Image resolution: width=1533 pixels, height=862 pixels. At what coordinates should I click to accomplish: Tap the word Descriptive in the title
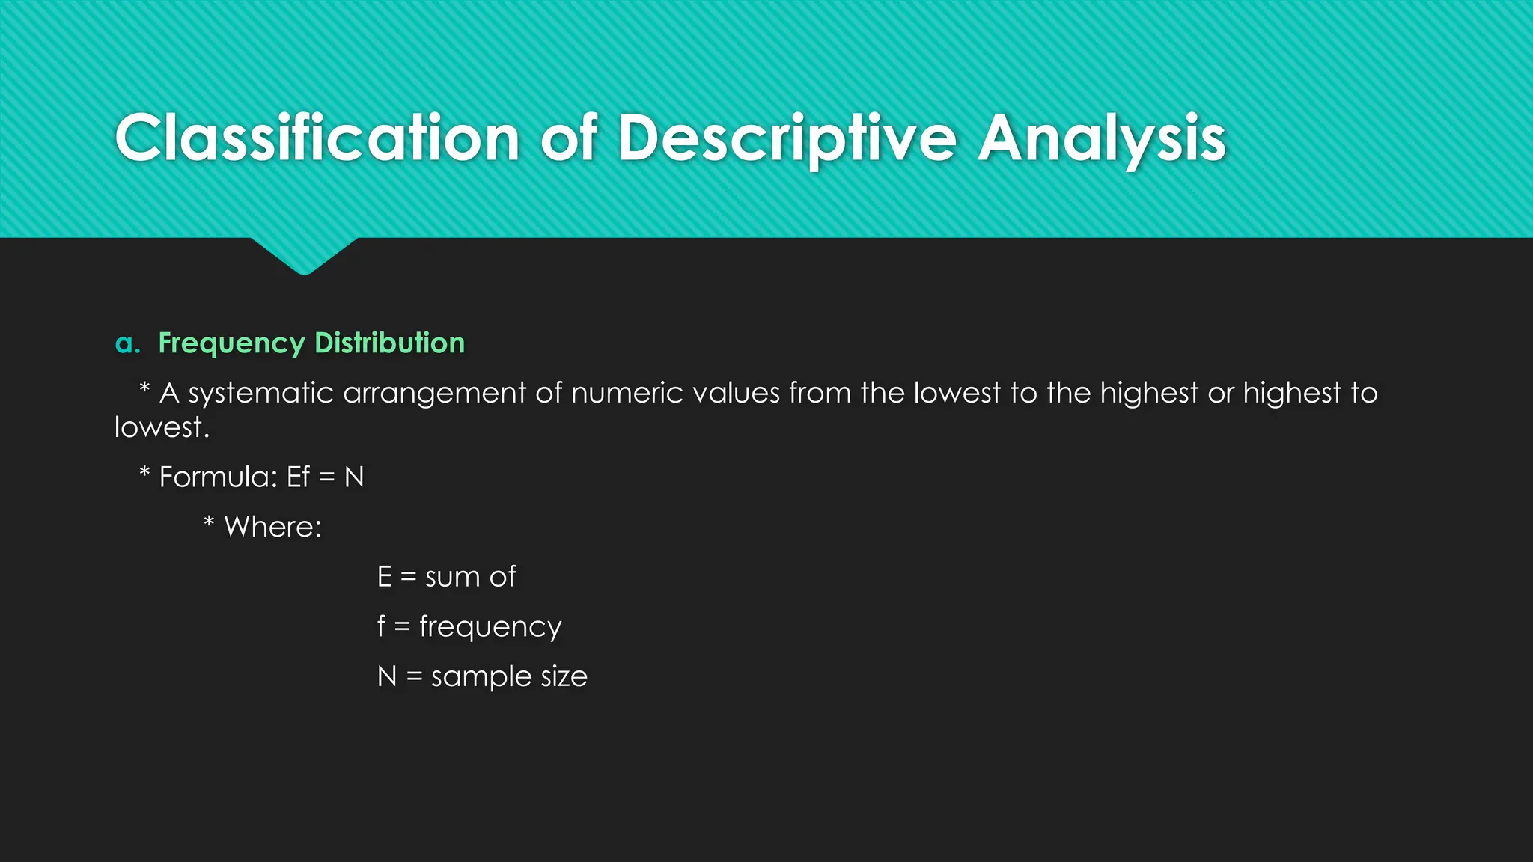(x=786, y=138)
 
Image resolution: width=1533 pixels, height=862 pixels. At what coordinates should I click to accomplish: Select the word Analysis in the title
(x=1102, y=138)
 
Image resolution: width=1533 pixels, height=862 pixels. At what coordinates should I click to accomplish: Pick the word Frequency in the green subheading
(x=231, y=343)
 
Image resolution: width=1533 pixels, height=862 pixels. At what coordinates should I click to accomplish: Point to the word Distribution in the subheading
(x=389, y=343)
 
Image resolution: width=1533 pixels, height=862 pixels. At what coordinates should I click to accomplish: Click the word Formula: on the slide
(x=219, y=477)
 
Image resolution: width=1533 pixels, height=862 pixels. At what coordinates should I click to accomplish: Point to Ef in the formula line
(x=298, y=477)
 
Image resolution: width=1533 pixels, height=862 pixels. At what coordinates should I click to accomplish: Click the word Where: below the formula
(x=272, y=528)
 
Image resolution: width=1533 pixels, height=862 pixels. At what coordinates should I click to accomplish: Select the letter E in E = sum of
(x=384, y=577)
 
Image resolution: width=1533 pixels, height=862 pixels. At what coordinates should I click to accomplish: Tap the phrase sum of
(x=470, y=577)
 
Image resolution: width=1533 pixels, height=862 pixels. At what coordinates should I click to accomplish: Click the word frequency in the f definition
(x=490, y=627)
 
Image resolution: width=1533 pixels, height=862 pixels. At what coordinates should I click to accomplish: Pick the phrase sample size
(x=509, y=676)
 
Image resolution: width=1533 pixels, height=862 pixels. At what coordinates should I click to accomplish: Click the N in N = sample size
(x=386, y=676)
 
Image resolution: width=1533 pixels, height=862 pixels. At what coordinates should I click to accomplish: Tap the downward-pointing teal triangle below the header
(x=304, y=254)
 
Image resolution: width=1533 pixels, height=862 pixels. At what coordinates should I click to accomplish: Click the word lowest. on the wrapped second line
(x=162, y=428)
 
